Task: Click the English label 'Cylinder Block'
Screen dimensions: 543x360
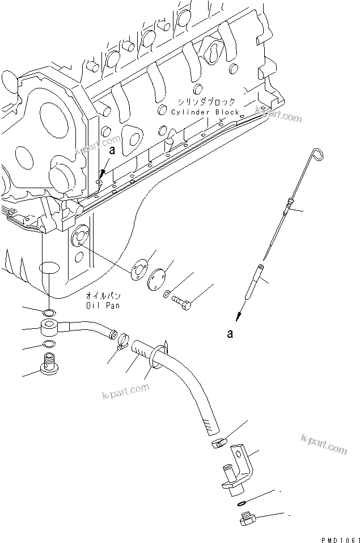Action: (x=197, y=112)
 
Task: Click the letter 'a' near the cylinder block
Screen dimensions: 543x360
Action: (x=112, y=151)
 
